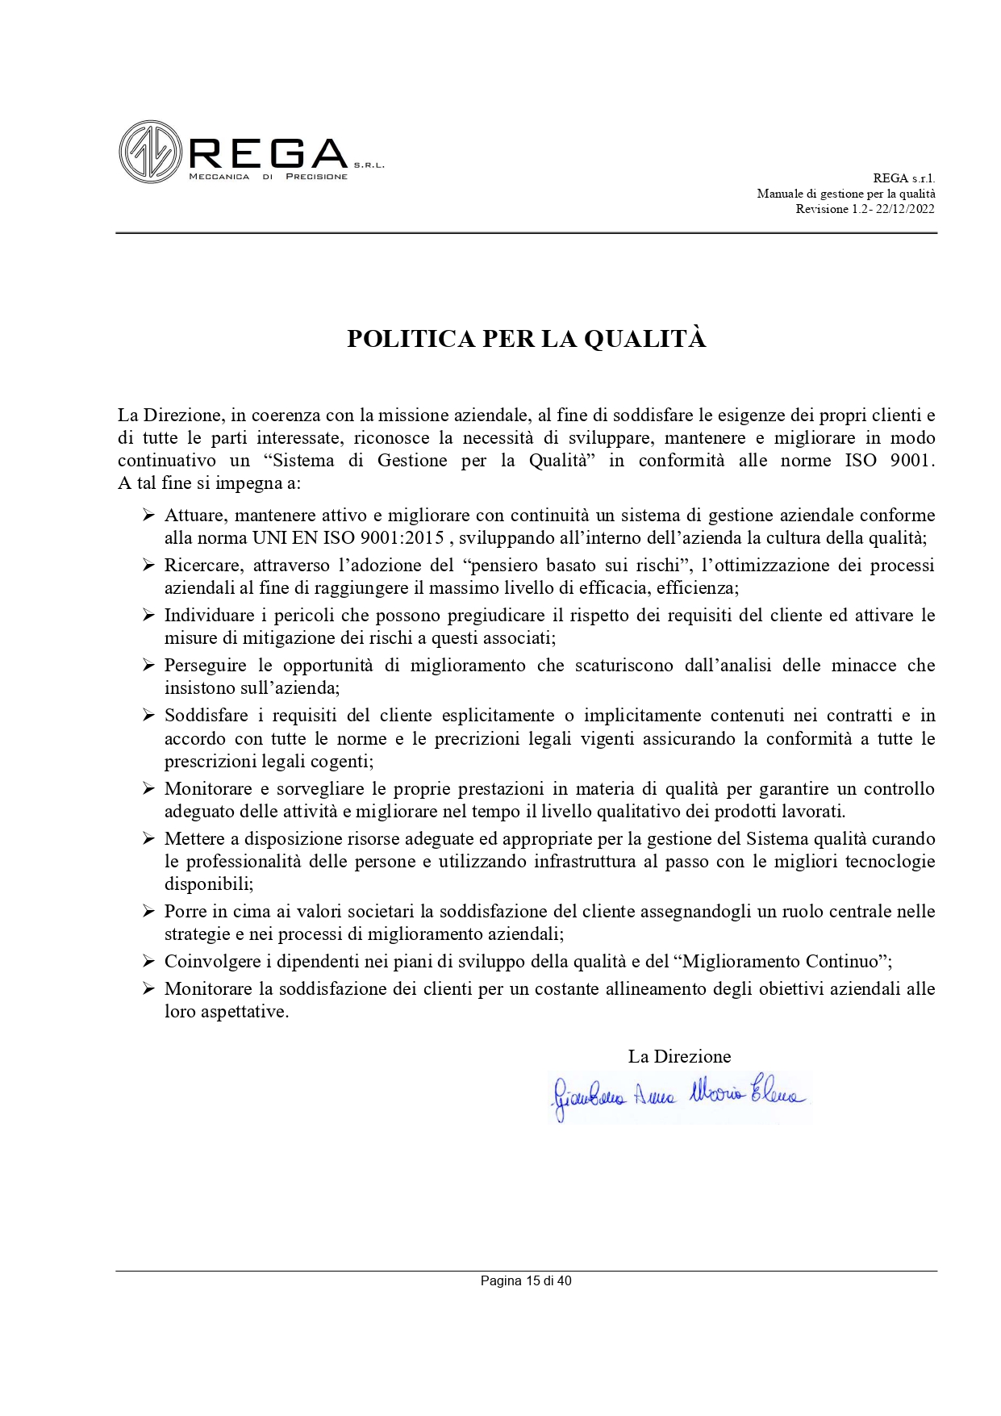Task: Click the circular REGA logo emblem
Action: point(149,151)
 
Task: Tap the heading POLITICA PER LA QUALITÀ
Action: point(526,340)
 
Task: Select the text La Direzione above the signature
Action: point(679,1056)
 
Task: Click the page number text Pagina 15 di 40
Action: point(526,1280)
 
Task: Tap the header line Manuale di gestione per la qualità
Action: point(845,194)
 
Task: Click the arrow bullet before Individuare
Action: point(148,616)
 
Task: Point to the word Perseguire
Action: point(206,666)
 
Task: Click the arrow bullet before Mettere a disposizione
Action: point(148,839)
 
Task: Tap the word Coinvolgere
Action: point(209,962)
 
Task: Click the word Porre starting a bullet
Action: point(185,912)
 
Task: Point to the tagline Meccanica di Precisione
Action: point(268,177)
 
